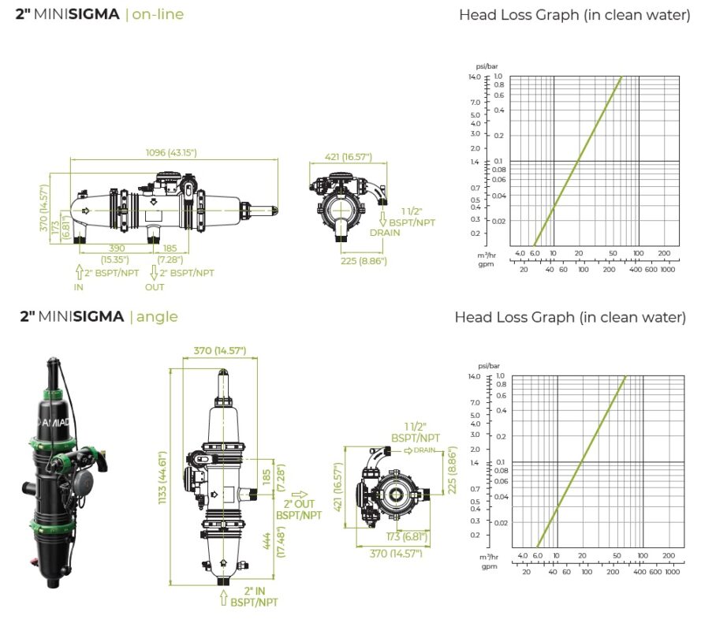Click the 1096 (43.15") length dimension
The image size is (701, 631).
171,152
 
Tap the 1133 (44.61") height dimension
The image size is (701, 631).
162,477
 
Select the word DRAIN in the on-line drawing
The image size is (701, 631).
385,233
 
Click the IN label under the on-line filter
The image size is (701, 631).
79,287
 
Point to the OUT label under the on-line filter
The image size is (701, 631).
155,287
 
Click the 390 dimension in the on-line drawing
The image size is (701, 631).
117,248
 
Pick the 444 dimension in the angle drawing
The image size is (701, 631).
267,541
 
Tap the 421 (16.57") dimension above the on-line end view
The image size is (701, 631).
349,157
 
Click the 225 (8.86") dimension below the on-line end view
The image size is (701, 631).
364,261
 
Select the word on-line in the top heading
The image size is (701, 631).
158,14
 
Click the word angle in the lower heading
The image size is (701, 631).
157,317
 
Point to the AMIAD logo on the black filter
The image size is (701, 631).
54,422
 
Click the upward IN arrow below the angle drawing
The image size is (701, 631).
224,598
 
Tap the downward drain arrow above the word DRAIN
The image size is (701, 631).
382,219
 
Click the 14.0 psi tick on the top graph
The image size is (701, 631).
475,77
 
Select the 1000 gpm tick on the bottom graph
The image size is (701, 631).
673,572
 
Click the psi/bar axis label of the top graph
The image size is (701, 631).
487,66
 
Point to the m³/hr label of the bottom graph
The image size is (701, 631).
489,557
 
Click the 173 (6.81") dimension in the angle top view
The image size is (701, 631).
407,536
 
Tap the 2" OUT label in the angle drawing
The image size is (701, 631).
299,504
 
